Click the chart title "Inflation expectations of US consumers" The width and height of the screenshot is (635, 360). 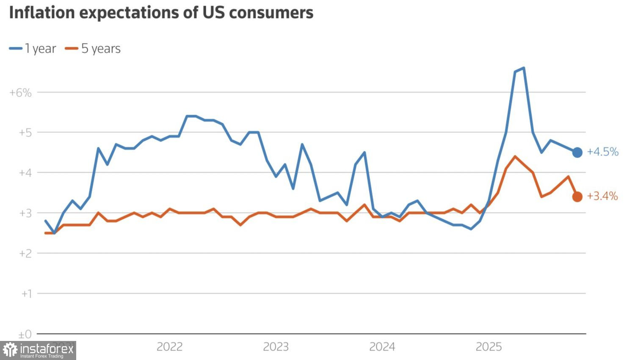[x=161, y=13]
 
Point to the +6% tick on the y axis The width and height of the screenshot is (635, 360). [x=20, y=93]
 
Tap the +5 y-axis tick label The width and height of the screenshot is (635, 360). [x=25, y=133]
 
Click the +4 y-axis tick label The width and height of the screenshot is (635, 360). [x=25, y=173]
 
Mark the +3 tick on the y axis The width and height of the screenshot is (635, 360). [x=25, y=213]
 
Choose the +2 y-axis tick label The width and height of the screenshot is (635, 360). [x=25, y=253]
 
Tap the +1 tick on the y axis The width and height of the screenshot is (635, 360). [x=26, y=294]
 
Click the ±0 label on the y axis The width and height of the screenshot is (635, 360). [x=25, y=335]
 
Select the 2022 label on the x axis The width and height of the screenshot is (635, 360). [x=169, y=347]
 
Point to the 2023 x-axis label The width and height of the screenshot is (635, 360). [x=276, y=347]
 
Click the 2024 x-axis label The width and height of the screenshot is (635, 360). [x=382, y=347]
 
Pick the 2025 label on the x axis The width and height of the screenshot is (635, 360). [x=489, y=347]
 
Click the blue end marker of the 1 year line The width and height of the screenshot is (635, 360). [x=577, y=152]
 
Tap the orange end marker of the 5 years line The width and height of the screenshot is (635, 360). [x=577, y=197]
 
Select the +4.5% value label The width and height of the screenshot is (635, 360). [x=602, y=152]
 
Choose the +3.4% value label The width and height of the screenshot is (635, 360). [x=602, y=196]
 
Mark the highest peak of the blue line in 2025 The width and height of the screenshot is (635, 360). [x=524, y=68]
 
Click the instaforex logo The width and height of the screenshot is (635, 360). [x=38, y=350]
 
